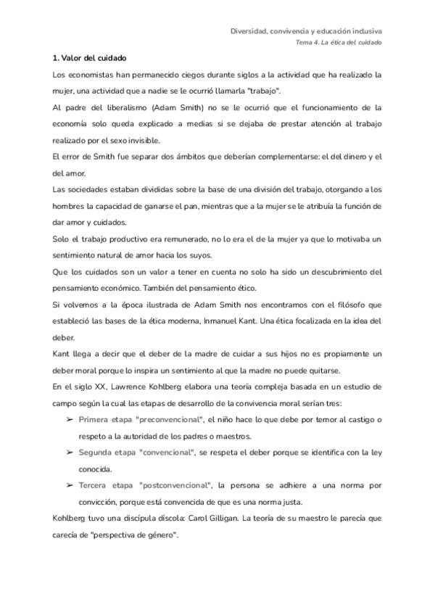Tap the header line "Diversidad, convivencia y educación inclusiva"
pos(307,31)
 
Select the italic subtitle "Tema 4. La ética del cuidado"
pos(339,42)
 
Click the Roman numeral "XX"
pos(99,387)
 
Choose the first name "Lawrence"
pos(130,387)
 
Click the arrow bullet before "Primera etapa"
pos(70,420)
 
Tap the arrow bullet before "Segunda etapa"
pos(70,453)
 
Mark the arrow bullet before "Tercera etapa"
pos(70,485)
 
